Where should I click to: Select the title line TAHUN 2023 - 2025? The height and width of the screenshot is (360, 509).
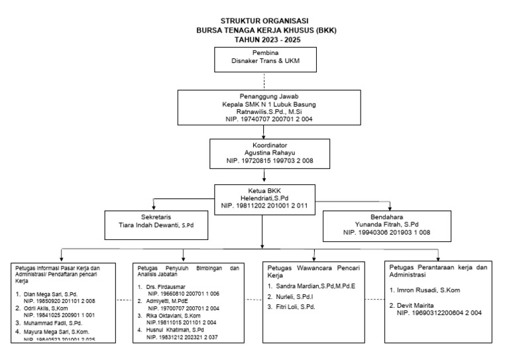[263, 40]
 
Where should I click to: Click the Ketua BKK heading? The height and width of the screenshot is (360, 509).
[264, 190]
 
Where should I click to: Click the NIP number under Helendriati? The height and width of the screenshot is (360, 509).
[264, 206]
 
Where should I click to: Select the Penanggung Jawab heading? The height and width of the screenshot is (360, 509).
[264, 95]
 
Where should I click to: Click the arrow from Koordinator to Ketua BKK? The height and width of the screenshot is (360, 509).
[264, 174]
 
